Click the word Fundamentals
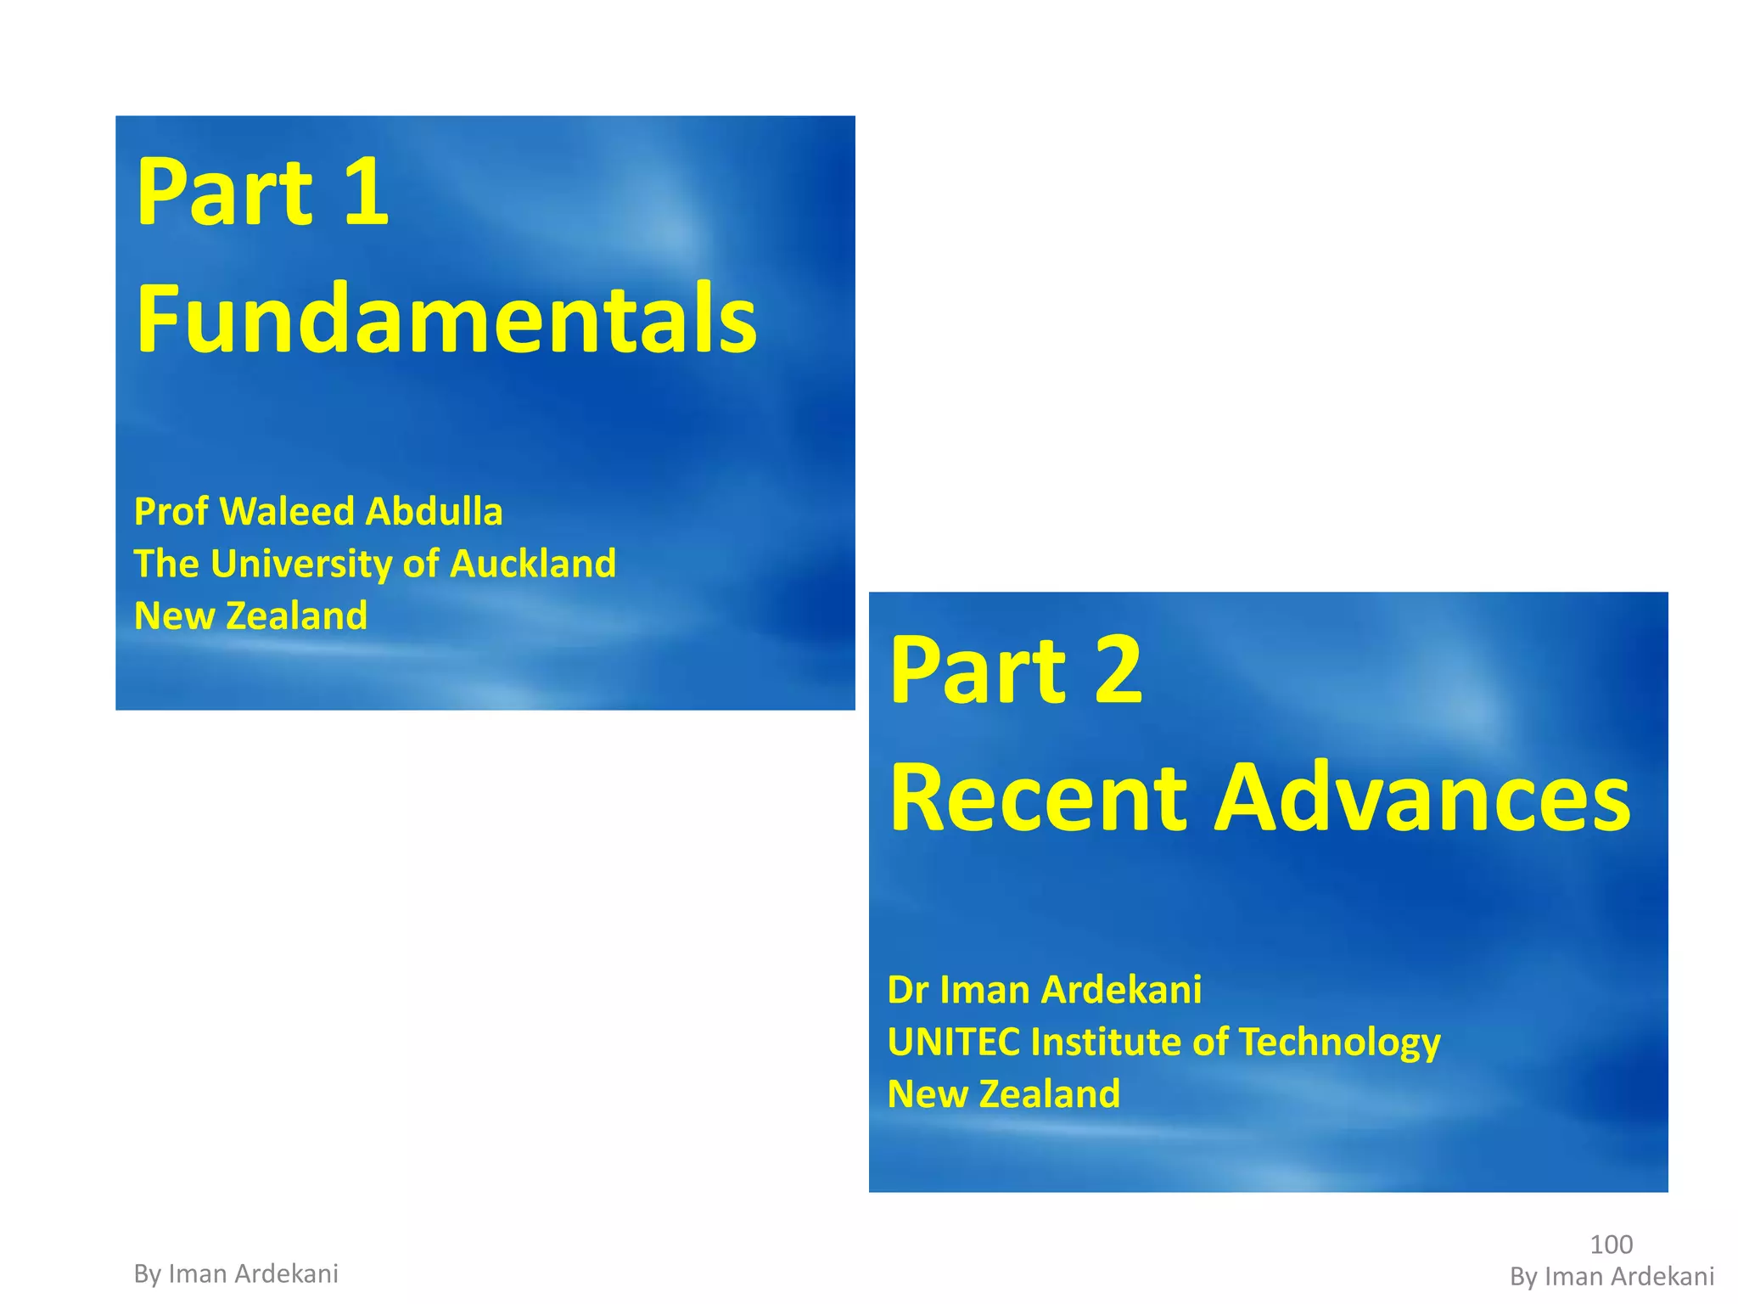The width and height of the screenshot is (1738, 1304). (446, 319)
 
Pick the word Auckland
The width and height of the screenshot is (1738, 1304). (533, 564)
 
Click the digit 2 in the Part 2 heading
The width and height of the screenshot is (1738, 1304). (1118, 671)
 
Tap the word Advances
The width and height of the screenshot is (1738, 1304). (1422, 798)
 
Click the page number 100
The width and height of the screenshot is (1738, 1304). (1611, 1245)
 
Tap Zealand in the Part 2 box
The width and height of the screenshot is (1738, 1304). (1050, 1094)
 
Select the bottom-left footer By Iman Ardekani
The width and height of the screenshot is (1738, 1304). (236, 1273)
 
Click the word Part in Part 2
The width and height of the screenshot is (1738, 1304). (977, 671)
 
